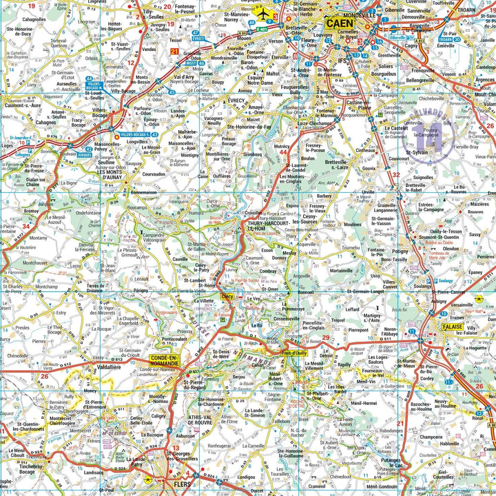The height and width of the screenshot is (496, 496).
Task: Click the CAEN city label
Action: click(x=340, y=23)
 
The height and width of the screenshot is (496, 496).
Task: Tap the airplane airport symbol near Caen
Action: click(x=262, y=12)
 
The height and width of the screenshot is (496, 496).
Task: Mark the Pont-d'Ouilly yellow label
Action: click(x=295, y=353)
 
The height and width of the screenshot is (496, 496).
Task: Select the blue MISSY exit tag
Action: click(x=191, y=62)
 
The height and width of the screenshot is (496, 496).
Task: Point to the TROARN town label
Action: click(x=481, y=10)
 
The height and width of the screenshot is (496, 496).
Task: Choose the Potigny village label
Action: click(x=400, y=252)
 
